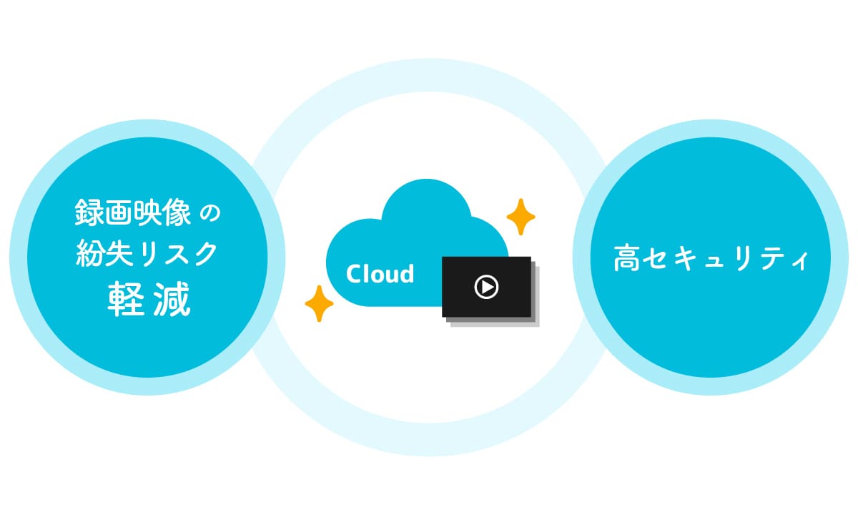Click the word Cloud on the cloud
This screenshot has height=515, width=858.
[x=380, y=273]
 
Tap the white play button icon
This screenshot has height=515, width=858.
[x=486, y=287]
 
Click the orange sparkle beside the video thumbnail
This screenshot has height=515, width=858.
[x=521, y=217]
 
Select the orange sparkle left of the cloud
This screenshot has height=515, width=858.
[x=319, y=303]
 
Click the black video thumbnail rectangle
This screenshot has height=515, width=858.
[x=486, y=287]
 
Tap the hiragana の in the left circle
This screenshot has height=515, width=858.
[x=211, y=213]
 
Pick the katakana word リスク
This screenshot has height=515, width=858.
[x=178, y=254]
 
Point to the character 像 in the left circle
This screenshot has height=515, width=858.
[x=177, y=212]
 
